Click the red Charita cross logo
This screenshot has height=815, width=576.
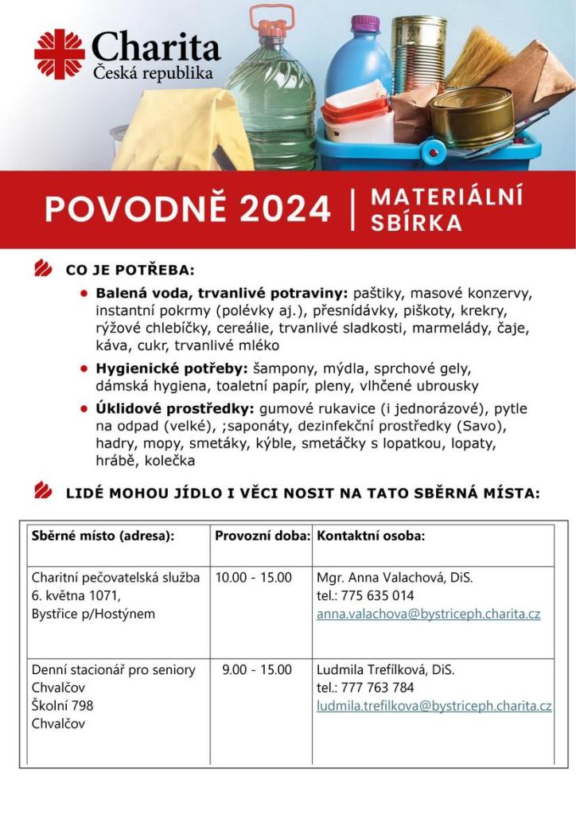(59, 53)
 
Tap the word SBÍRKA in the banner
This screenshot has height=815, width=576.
(416, 223)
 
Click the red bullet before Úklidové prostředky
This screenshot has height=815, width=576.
(84, 409)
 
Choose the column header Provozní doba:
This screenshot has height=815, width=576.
(262, 536)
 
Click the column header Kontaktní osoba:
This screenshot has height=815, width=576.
(371, 536)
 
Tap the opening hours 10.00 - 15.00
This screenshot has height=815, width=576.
(253, 577)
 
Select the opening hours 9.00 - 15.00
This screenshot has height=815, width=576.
(256, 669)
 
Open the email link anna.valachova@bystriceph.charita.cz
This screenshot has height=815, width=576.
(428, 614)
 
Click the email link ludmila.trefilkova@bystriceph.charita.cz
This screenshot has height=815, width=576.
(434, 706)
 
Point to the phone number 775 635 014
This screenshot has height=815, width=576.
(376, 596)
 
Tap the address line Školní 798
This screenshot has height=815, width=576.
(63, 706)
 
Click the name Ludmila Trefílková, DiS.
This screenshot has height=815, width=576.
(386, 669)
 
